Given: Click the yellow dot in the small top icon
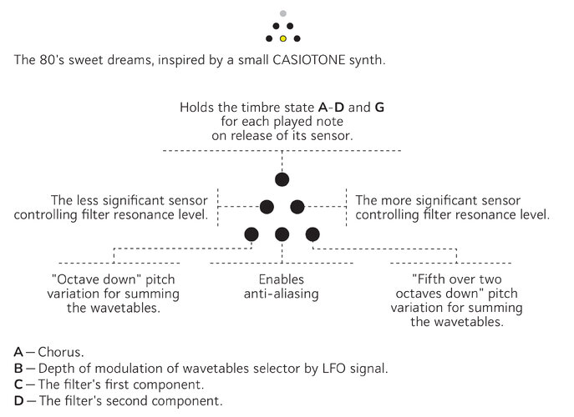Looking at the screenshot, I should pos(282,38).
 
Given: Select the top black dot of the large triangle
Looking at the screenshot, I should pos(282,178).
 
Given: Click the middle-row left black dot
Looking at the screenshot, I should pos(267,206).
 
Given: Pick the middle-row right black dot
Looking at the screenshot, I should pos(297,206).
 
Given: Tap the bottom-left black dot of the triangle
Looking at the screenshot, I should pos(251,234).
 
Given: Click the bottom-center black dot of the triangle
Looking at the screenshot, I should pos(282,234).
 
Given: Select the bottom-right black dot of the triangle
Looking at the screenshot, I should pos(312,234).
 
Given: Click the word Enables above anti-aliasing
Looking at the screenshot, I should pos(282,279).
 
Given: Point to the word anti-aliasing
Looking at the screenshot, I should pos(282,294).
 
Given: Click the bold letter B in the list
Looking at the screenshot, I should pos(18,369).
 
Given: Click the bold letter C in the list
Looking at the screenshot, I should pos(18,384).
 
